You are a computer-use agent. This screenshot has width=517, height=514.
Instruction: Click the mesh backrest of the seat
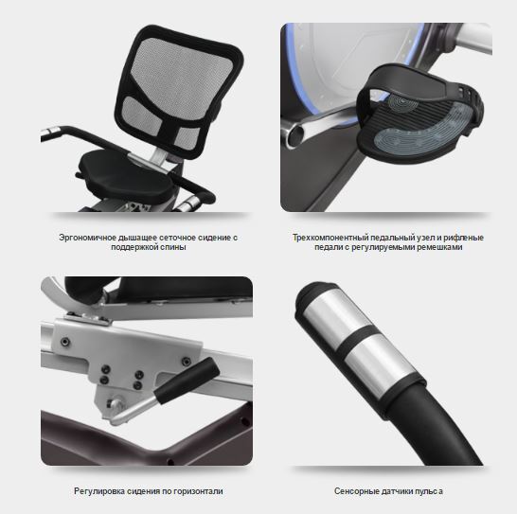(178, 89)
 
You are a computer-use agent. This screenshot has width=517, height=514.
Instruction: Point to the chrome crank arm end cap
(294, 134)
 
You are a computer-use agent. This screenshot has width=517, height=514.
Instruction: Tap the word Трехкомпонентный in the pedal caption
(330, 238)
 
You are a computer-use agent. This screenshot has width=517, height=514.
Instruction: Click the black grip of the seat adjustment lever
(187, 381)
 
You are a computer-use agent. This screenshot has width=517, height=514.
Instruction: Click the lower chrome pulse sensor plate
(379, 363)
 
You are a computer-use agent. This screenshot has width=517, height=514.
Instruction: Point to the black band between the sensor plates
(358, 340)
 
